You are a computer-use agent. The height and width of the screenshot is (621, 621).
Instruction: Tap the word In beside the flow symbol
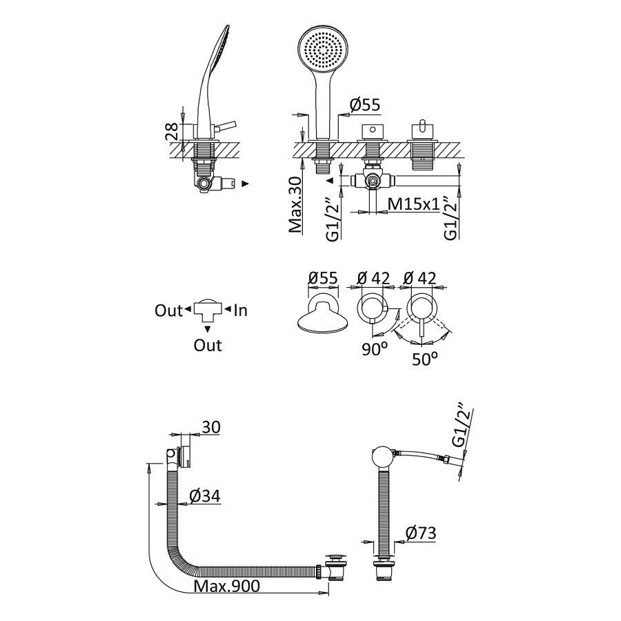(x=240, y=310)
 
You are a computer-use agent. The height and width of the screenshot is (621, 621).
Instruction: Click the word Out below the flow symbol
(x=208, y=344)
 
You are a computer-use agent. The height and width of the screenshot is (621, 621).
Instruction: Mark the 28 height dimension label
(x=172, y=132)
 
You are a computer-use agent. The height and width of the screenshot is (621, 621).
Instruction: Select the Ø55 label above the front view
(x=365, y=105)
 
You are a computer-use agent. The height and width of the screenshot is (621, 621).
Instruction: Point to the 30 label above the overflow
(x=211, y=427)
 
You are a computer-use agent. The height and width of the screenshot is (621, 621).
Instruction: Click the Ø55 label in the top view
(x=322, y=277)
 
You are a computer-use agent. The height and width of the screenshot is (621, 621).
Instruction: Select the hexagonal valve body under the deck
(x=373, y=181)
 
